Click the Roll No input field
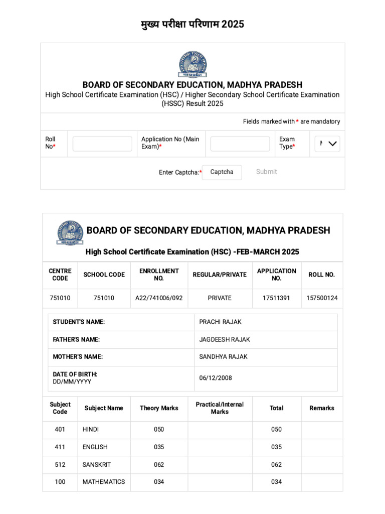pos(102,144)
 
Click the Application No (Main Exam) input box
pos(240,144)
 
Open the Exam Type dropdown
pos(327,144)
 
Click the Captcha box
pos(222,172)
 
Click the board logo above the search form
pos(192,64)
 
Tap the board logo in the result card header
pos(70,232)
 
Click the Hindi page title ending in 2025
pos(192,24)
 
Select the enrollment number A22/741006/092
pos(159,298)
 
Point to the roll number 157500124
pos(322,298)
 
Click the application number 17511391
pos(276,298)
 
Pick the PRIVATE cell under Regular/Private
pos(220,298)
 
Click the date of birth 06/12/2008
pos(216,378)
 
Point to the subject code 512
pos(60,465)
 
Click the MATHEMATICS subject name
pos(104,482)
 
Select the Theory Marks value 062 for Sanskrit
pos(159,465)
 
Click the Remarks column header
pos(322,409)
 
